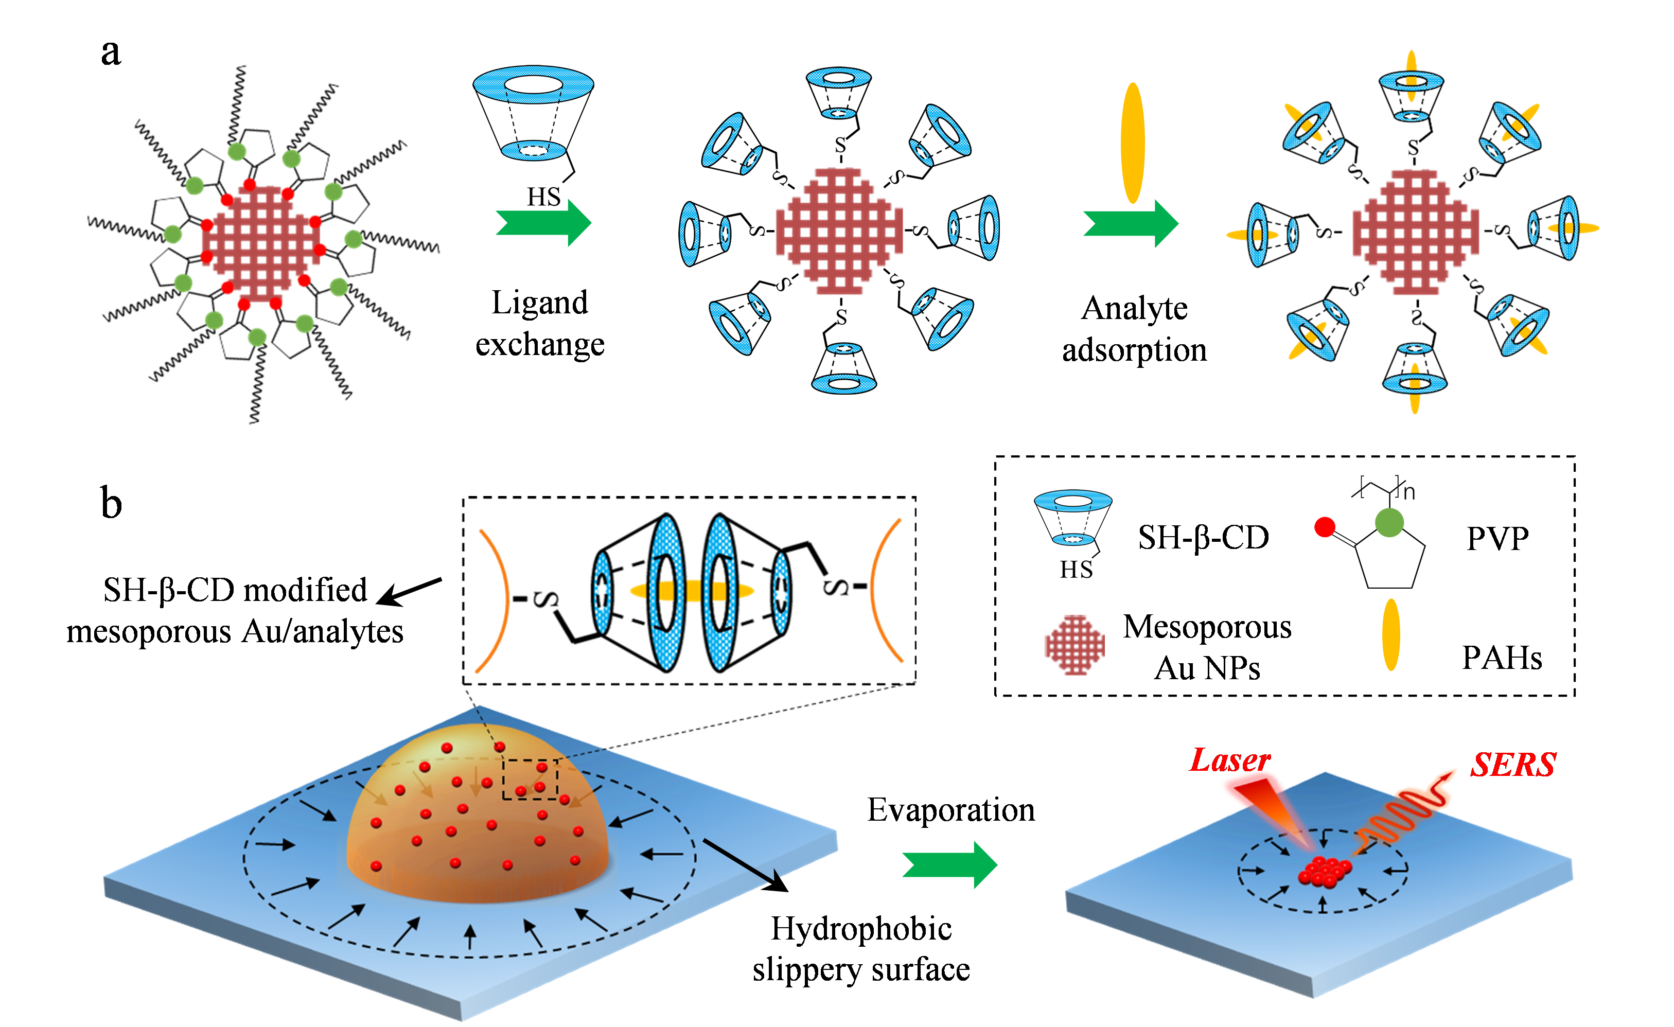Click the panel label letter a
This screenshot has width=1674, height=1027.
pyautogui.click(x=111, y=53)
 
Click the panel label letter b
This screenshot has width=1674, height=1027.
pyautogui.click(x=112, y=503)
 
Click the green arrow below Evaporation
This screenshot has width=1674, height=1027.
pyautogui.click(x=950, y=864)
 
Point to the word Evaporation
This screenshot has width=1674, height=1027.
pyautogui.click(x=951, y=810)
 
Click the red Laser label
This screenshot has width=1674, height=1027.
pyautogui.click(x=1230, y=761)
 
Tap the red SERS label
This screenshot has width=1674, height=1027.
pyautogui.click(x=1513, y=765)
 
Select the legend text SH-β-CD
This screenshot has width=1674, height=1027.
pyautogui.click(x=1203, y=538)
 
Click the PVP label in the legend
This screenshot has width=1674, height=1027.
pyautogui.click(x=1497, y=539)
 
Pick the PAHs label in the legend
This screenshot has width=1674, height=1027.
pyautogui.click(x=1502, y=658)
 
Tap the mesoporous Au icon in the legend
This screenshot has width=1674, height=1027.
pyautogui.click(x=1075, y=645)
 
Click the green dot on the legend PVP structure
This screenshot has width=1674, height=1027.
pyautogui.click(x=1389, y=523)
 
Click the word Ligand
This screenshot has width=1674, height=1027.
pyautogui.click(x=539, y=303)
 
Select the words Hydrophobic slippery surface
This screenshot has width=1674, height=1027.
pyautogui.click(x=861, y=949)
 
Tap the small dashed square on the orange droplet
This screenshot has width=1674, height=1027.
pyautogui.click(x=530, y=779)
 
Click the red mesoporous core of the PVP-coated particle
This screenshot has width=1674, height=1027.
pyautogui.click(x=260, y=244)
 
